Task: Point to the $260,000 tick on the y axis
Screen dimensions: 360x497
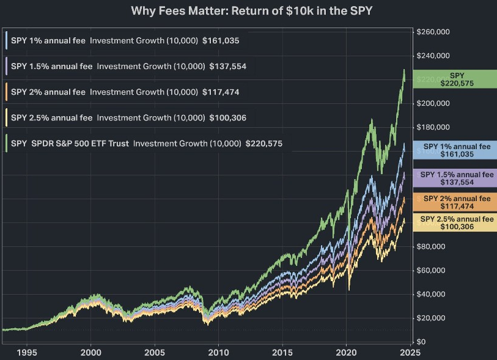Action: (433, 32)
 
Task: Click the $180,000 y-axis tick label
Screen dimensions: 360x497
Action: (433, 127)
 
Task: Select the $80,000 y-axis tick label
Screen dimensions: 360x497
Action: (432, 246)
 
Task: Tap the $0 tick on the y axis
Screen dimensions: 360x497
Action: (421, 342)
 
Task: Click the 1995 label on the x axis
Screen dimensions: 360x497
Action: (27, 353)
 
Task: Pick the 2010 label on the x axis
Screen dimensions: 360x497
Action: (218, 353)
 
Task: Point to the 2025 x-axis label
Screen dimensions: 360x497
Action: (410, 353)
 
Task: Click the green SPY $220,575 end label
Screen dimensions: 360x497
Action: (457, 79)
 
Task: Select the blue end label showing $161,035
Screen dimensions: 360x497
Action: (457, 150)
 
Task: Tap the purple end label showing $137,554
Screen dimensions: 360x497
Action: (457, 178)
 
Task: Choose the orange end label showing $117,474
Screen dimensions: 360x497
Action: (457, 202)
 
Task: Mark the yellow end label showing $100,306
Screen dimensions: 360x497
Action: (457, 222)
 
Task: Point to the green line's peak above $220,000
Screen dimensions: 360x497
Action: (404, 70)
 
